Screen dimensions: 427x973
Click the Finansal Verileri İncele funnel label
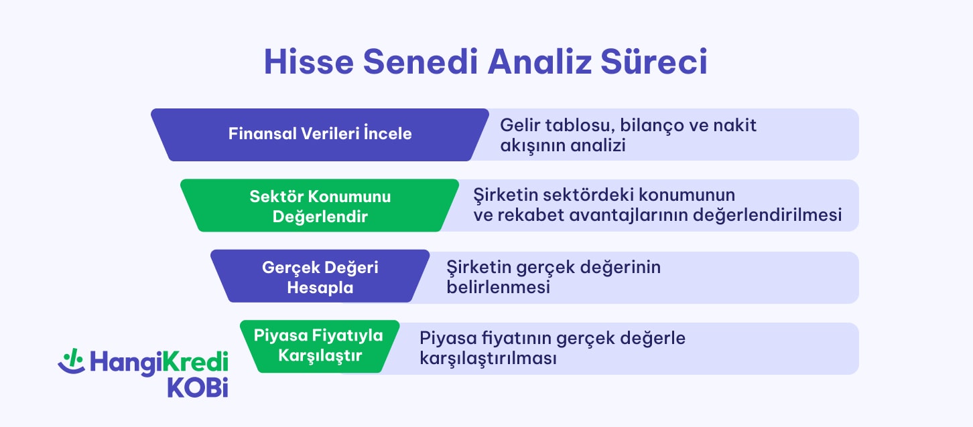(x=320, y=134)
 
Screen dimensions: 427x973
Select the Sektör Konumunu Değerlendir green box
(x=320, y=206)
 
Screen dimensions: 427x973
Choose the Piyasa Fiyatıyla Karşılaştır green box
(x=320, y=346)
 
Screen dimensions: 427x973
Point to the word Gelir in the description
(x=518, y=125)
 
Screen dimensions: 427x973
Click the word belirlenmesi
(x=498, y=288)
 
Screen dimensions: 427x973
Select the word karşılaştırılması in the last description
(x=489, y=359)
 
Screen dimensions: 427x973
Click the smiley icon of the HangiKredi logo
(x=70, y=362)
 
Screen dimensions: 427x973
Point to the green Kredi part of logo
(x=195, y=362)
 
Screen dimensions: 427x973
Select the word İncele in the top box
(x=387, y=134)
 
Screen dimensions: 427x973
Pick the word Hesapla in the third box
(x=320, y=288)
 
